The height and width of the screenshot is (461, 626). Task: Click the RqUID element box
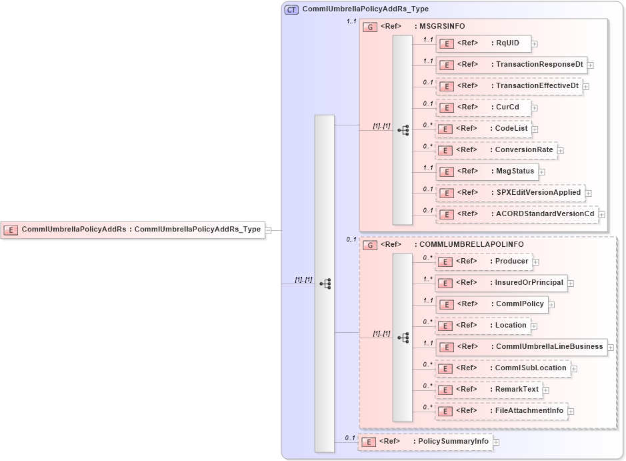(483, 44)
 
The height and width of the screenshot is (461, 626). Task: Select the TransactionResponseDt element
(511, 65)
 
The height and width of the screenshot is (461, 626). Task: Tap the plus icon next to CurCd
(535, 108)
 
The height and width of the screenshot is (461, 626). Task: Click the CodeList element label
(511, 129)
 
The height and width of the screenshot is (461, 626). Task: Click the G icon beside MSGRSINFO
(369, 27)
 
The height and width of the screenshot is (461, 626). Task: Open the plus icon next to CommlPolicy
(552, 305)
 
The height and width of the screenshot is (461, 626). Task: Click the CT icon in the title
(291, 9)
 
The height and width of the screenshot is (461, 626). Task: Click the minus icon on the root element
(269, 230)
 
